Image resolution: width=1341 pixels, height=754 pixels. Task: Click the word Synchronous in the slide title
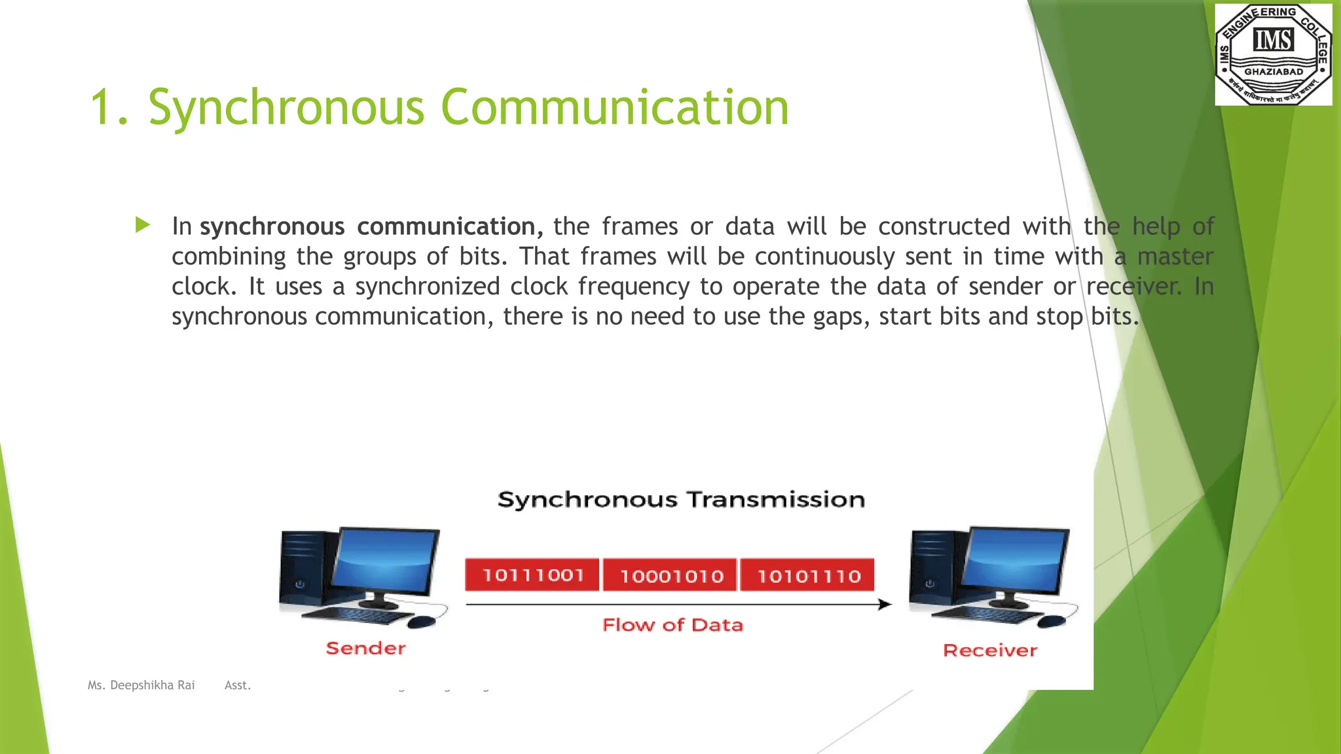(x=286, y=108)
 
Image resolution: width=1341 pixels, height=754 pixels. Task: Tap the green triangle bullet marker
(x=143, y=226)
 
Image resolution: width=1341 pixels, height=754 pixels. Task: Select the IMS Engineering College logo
(x=1273, y=54)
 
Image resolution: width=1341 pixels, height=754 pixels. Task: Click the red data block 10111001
(x=532, y=575)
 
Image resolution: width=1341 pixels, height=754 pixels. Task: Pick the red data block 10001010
(x=671, y=576)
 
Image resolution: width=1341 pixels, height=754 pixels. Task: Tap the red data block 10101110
(x=809, y=576)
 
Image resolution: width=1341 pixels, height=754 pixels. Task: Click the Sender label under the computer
(x=365, y=648)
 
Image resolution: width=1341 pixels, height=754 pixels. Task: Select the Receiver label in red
(x=989, y=650)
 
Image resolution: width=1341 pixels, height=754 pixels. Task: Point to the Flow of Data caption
(x=672, y=624)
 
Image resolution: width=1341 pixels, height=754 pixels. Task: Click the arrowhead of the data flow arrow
(x=885, y=604)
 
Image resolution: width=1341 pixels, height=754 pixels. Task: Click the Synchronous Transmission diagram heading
(x=681, y=499)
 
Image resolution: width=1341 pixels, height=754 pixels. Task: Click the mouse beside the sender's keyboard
(x=422, y=621)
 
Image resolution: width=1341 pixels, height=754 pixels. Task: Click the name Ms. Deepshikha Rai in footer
(x=141, y=685)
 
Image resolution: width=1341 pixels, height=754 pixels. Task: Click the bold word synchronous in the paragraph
(x=272, y=226)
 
